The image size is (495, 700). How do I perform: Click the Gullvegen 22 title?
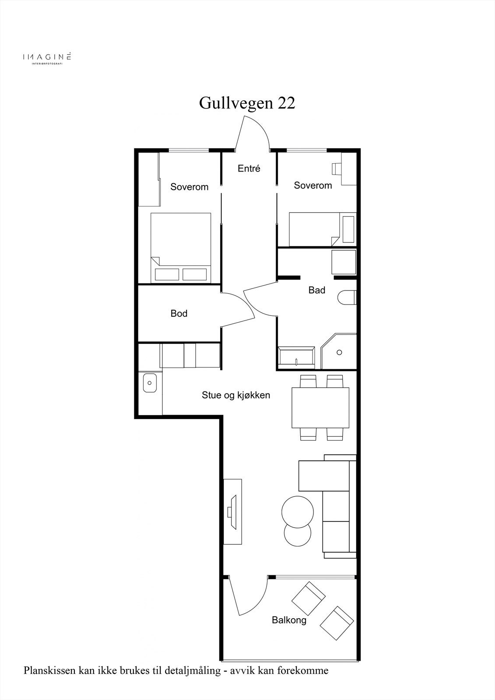tap(247, 103)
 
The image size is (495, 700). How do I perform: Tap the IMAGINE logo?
tap(47, 58)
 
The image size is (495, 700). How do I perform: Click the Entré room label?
tap(249, 168)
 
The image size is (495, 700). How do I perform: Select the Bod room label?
tap(179, 313)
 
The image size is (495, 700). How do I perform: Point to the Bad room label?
tap(317, 290)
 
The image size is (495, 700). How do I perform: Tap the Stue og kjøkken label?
tap(236, 395)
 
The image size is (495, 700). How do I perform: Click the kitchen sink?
tap(150, 383)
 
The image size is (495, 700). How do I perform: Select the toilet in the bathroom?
tap(347, 297)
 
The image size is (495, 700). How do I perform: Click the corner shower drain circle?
tap(339, 353)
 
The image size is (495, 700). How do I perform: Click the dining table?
tap(320, 407)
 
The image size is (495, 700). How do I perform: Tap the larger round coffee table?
tap(297, 511)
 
